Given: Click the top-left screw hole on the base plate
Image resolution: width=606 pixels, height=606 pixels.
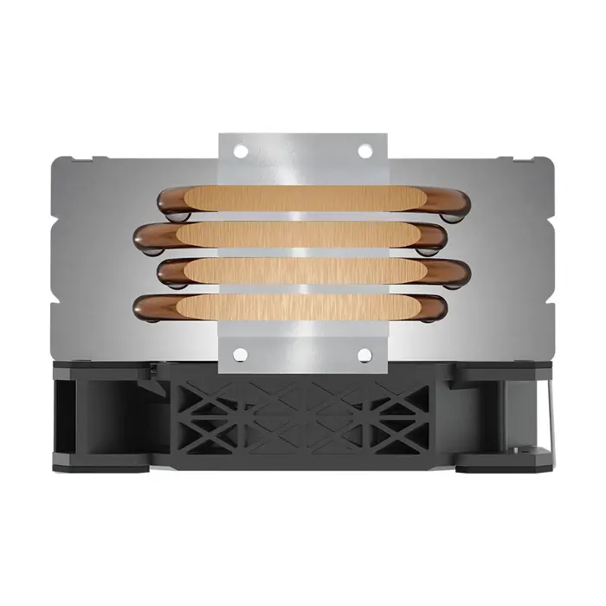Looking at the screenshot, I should (241, 151).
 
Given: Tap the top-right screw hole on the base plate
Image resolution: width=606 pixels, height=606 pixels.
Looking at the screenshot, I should (364, 151).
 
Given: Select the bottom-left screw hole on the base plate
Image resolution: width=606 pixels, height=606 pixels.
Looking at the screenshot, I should (241, 354).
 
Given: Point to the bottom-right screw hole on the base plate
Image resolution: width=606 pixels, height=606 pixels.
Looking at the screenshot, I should (364, 354).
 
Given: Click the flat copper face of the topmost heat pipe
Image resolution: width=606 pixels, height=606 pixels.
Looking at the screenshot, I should (303, 199).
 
